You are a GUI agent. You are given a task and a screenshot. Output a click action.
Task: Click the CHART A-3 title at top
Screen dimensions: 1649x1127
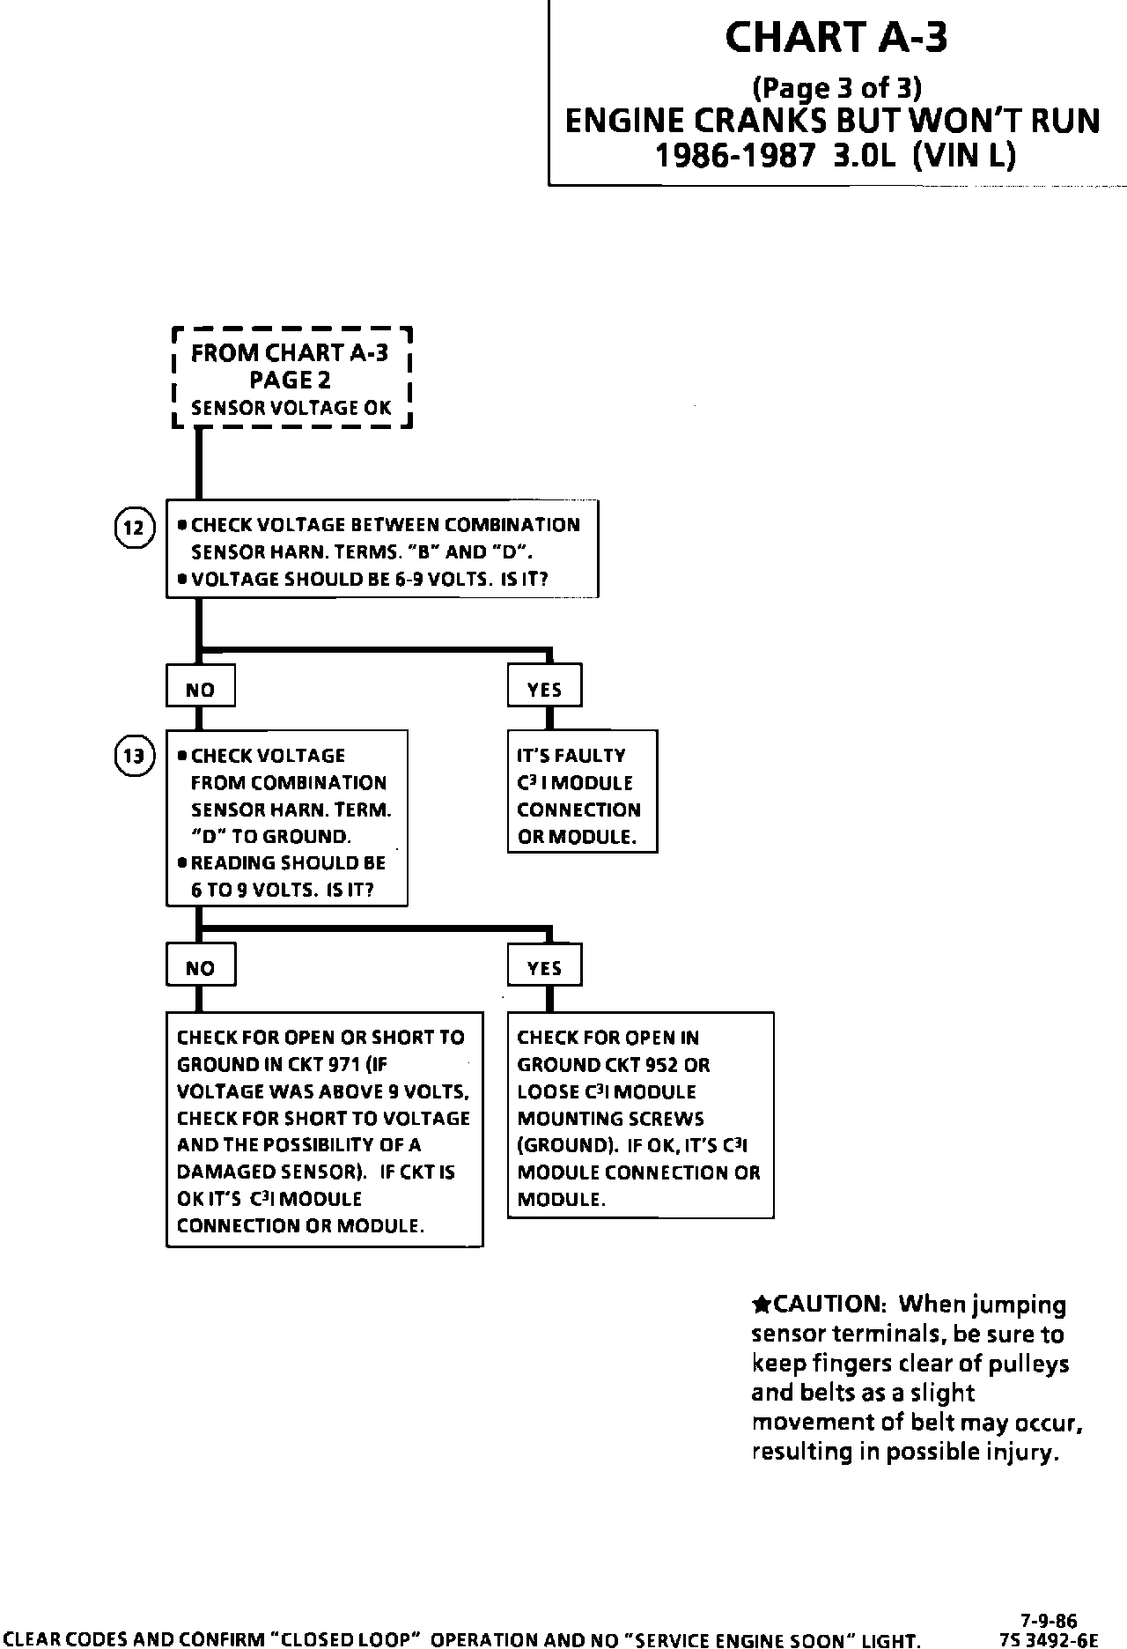[x=836, y=38]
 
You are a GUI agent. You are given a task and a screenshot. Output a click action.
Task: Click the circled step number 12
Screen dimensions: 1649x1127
[x=134, y=529]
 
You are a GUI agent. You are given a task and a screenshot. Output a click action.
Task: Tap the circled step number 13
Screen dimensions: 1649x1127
[x=134, y=757]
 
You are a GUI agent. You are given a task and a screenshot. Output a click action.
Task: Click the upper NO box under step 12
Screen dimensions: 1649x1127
[x=201, y=690]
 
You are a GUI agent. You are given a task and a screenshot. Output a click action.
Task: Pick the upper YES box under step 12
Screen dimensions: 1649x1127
[x=545, y=690]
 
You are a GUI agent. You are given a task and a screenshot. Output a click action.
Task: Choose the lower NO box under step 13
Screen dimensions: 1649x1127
[x=201, y=968]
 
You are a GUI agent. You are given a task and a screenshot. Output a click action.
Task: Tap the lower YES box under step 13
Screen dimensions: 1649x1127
[x=545, y=968]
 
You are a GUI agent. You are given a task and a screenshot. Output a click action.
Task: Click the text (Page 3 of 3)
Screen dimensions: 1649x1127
[x=836, y=87]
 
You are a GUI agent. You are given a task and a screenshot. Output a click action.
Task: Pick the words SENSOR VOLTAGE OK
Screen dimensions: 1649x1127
[x=291, y=408]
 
